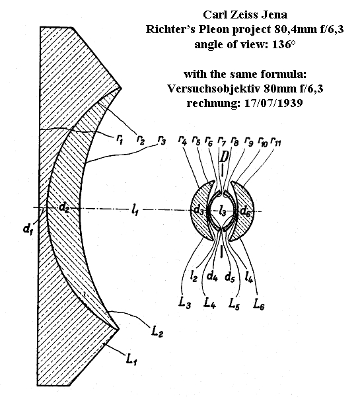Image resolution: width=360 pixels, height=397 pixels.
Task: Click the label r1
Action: [120, 139]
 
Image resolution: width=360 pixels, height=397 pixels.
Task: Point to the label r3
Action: [162, 140]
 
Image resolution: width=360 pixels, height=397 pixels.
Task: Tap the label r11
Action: [276, 141]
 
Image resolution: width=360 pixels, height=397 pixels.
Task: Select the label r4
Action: [182, 141]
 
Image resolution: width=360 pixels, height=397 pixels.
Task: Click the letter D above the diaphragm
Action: [224, 157]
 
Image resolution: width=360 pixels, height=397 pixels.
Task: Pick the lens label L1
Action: [131, 359]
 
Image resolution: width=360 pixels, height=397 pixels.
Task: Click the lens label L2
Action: [157, 331]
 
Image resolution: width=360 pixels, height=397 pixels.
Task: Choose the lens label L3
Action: [184, 303]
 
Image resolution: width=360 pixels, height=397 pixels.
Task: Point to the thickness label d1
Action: [28, 229]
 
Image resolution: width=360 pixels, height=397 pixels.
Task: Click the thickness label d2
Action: [64, 207]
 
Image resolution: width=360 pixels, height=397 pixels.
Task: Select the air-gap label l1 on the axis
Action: [135, 210]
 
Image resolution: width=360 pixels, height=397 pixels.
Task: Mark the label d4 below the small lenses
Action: [212, 277]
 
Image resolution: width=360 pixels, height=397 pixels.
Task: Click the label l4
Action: [248, 277]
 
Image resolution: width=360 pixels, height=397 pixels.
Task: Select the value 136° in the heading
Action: [284, 44]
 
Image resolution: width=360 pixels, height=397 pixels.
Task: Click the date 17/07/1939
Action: [273, 103]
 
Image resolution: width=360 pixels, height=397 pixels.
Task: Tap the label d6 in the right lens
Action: [245, 211]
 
